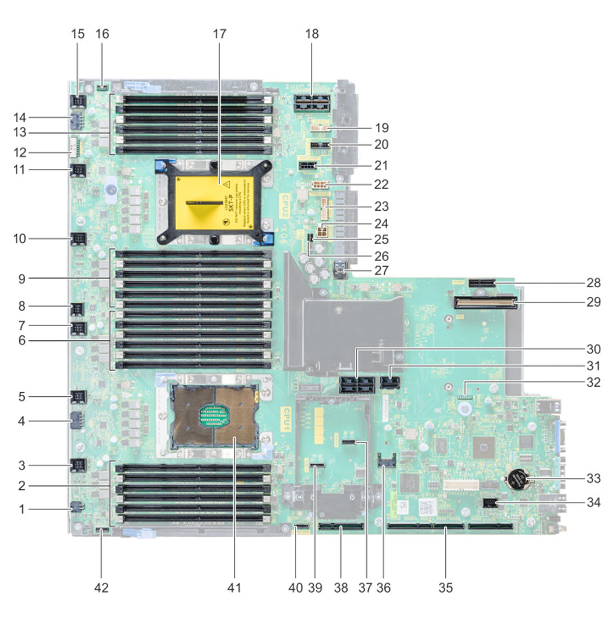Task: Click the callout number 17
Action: (x=220, y=34)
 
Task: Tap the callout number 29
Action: (x=595, y=302)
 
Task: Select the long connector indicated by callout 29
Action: (x=486, y=302)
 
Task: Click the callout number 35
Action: (x=445, y=587)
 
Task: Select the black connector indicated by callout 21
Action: (x=308, y=166)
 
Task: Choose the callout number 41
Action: (x=236, y=587)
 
